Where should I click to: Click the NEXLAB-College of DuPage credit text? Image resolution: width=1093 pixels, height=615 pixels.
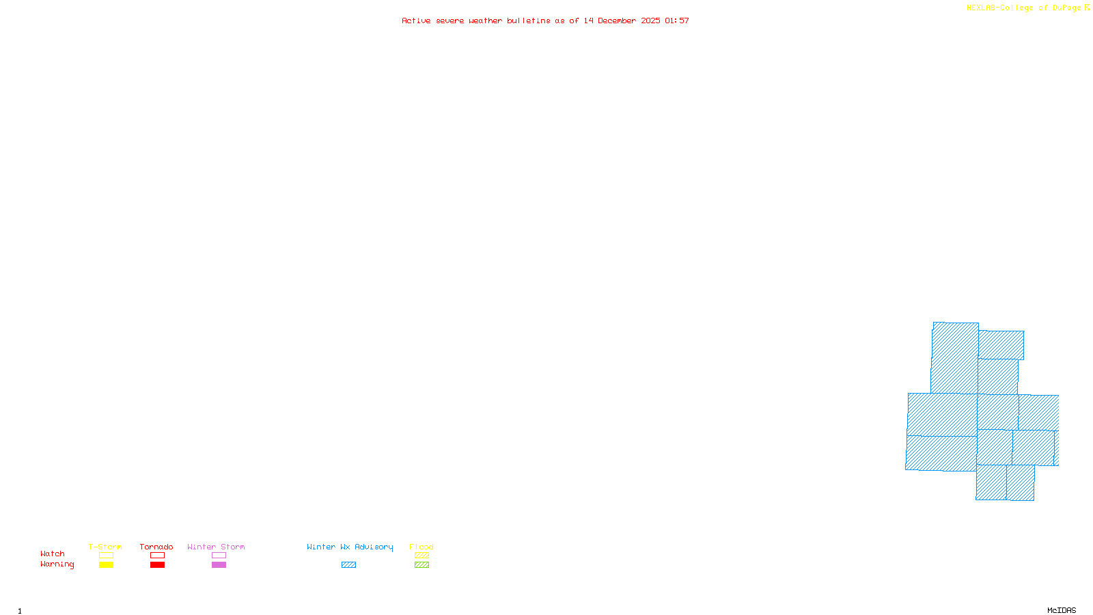pyautogui.click(x=1023, y=8)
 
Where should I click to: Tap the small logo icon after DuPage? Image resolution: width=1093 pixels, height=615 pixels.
pyautogui.click(x=1087, y=8)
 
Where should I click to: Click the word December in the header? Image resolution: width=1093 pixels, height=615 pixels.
pyautogui.click(x=617, y=20)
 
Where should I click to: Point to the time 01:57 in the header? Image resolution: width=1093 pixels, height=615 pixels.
pyautogui.click(x=676, y=20)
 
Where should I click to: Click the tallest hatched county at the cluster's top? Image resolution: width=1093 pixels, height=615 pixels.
pyautogui.click(x=954, y=357)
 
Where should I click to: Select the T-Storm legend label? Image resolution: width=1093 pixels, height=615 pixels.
pyautogui.click(x=105, y=547)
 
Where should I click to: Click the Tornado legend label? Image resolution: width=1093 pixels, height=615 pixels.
pyautogui.click(x=156, y=547)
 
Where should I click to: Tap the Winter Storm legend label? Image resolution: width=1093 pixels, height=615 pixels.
pyautogui.click(x=216, y=547)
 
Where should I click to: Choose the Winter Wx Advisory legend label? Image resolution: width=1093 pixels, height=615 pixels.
pyautogui.click(x=350, y=547)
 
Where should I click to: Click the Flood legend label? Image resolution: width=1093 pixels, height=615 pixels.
pyautogui.click(x=421, y=547)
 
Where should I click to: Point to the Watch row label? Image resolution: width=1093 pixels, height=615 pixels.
pyautogui.click(x=53, y=553)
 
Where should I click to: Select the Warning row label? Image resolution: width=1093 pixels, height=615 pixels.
pyautogui.click(x=57, y=564)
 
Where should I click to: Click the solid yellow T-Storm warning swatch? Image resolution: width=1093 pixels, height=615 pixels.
pyautogui.click(x=106, y=565)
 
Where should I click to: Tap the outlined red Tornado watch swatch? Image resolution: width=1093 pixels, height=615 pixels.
pyautogui.click(x=157, y=556)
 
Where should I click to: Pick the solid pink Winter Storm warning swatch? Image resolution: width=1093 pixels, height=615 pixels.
pyautogui.click(x=219, y=565)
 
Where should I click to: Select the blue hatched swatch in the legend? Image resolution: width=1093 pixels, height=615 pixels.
pyautogui.click(x=348, y=565)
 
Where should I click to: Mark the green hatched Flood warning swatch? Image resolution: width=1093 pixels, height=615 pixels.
pyautogui.click(x=421, y=565)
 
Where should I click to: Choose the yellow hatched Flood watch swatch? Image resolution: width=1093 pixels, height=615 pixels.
pyautogui.click(x=421, y=556)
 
